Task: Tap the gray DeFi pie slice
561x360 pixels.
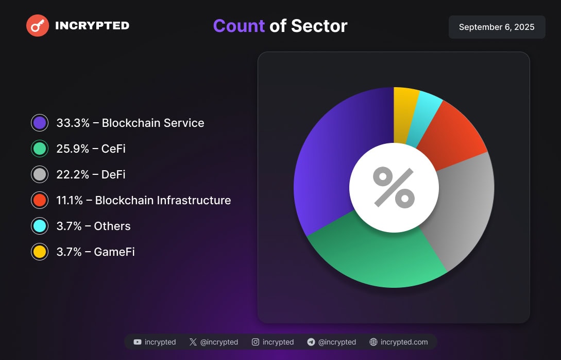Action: coord(464,206)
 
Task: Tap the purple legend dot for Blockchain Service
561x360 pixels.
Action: coord(40,123)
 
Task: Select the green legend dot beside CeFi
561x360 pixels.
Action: coord(40,149)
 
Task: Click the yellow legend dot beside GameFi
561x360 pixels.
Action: coord(40,252)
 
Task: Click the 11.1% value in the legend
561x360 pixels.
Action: coord(69,201)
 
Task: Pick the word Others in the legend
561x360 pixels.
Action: coord(112,226)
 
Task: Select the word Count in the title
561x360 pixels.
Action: coord(239,26)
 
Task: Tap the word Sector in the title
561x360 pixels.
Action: coord(319,26)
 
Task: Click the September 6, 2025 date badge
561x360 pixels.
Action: coord(497,27)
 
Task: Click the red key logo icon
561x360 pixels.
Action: coord(38,25)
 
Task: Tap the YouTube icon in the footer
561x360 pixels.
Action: coord(138,342)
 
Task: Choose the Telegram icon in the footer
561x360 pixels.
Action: coord(311,342)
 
